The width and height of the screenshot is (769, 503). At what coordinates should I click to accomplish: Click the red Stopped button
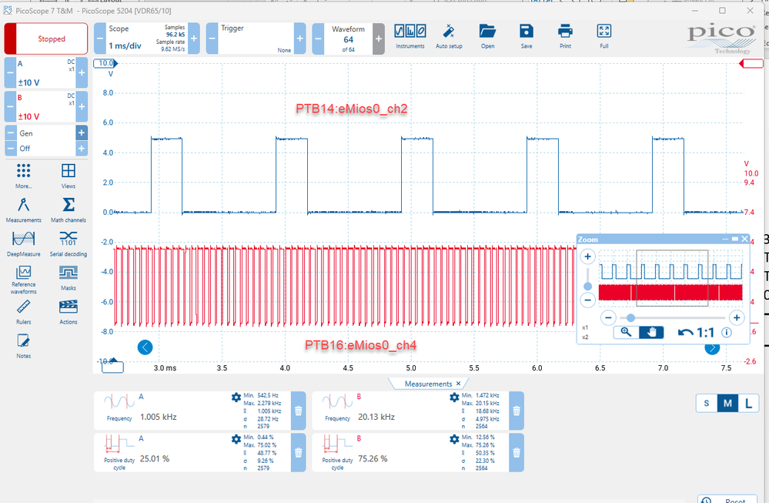46,39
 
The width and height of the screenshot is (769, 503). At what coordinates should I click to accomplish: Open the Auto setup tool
449,35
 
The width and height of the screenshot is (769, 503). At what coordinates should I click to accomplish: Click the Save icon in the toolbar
526,35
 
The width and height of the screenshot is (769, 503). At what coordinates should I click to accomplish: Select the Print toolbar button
565,35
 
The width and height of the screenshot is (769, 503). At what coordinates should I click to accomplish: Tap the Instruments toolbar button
410,35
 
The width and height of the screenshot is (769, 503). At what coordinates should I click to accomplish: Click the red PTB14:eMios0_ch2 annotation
351,109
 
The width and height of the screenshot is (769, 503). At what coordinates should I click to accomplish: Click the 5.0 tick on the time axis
411,369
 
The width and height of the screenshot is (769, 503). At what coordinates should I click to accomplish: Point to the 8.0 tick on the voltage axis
108,92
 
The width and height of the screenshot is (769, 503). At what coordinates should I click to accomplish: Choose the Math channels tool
69,209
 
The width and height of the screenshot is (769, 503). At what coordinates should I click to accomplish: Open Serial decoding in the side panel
69,242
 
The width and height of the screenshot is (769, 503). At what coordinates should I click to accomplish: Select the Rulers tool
23,310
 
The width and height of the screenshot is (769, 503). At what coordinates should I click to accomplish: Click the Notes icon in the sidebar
23,344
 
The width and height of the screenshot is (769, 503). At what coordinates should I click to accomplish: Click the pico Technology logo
721,36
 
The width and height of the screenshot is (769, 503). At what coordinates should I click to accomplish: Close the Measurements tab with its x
458,384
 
